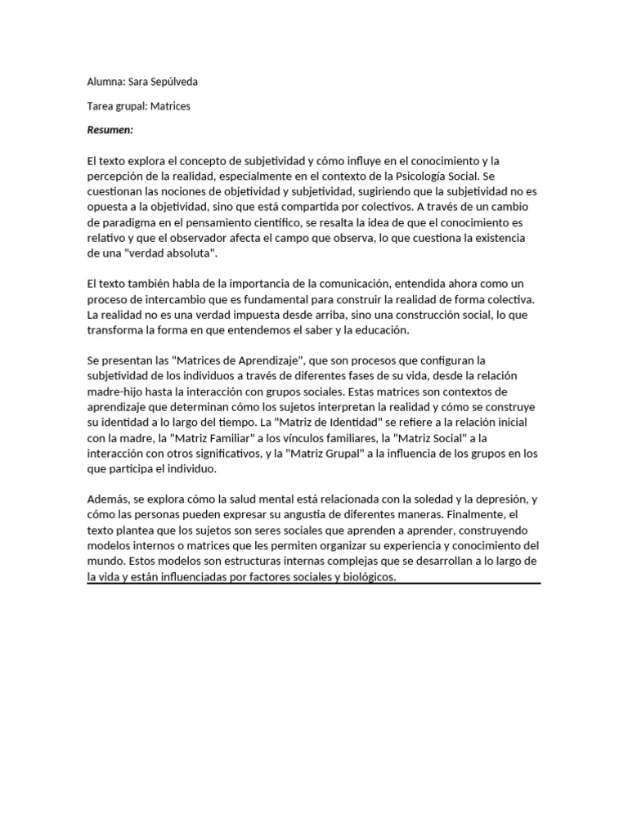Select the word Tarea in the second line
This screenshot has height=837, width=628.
click(x=101, y=106)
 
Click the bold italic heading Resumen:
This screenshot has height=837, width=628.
click(x=110, y=130)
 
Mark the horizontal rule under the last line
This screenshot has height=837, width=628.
click(x=314, y=584)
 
